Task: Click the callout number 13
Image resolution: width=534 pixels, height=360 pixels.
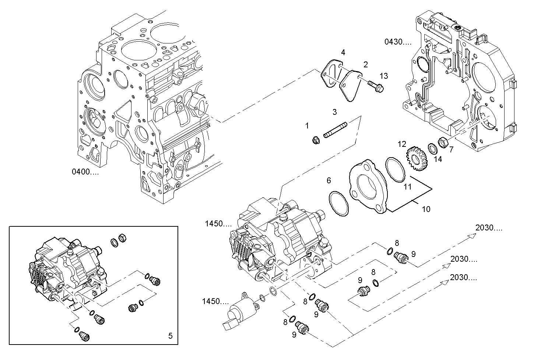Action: coord(384,76)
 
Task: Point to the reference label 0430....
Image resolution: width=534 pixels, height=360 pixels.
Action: coord(398,42)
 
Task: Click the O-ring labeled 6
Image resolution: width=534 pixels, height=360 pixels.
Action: coord(338,203)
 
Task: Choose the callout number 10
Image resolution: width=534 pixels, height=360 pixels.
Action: coord(426,209)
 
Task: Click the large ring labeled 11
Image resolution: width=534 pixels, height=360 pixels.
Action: coord(395,170)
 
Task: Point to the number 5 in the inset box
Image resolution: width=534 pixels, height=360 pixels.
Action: coord(170,335)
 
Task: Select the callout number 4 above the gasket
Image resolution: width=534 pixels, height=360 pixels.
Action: coord(343,53)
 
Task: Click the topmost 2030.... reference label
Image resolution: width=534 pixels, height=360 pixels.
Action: coord(489,228)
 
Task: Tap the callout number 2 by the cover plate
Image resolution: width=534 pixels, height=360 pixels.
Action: coord(365,65)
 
